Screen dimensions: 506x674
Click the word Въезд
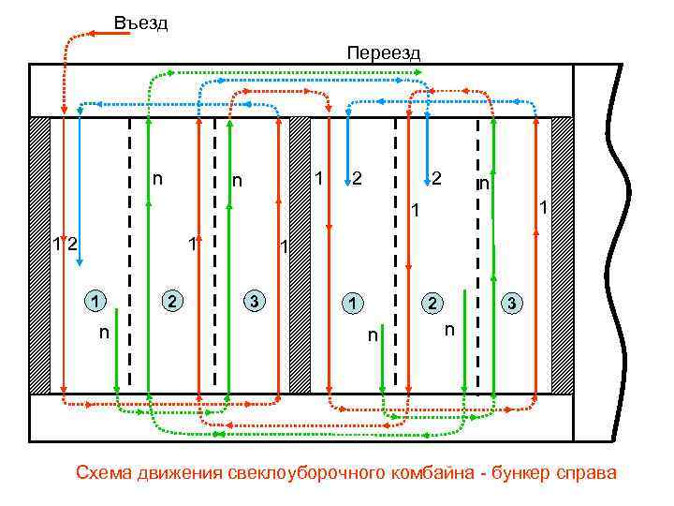[140, 22]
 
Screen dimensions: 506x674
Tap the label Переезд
[383, 52]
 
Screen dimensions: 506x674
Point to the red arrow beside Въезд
[110, 33]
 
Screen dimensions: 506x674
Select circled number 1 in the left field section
[95, 302]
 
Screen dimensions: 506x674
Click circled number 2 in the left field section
[173, 302]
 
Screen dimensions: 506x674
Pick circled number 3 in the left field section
[254, 302]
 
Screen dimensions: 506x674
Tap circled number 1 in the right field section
[352, 304]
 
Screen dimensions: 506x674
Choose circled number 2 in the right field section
[432, 304]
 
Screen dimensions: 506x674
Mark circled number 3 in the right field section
[511, 304]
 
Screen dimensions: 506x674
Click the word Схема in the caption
[104, 472]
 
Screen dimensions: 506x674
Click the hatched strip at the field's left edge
[39, 255]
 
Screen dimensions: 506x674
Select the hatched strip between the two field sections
[300, 255]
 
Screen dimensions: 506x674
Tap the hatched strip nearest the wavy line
[563, 255]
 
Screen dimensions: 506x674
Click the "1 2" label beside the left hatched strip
[65, 246]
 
